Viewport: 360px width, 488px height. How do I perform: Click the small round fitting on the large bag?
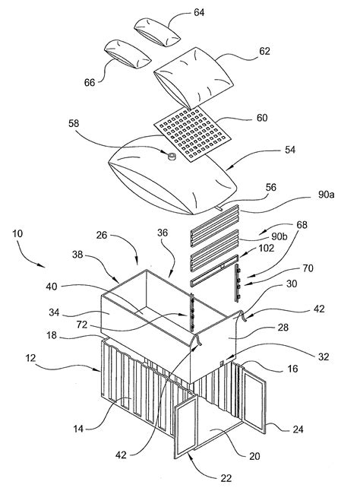(x=172, y=157)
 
